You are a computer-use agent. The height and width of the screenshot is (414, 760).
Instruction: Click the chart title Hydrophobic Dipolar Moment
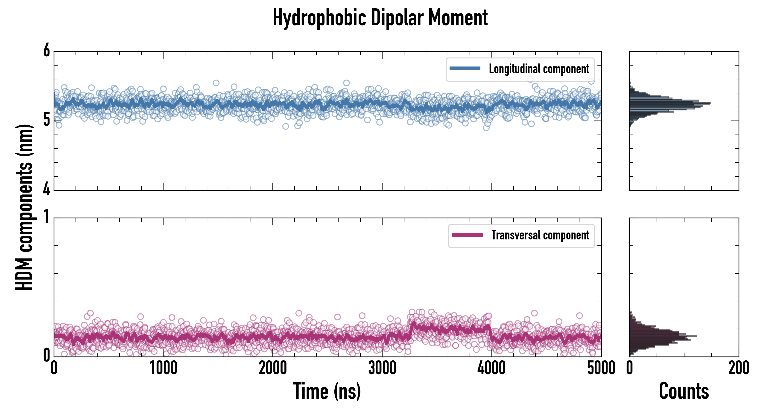[380, 18]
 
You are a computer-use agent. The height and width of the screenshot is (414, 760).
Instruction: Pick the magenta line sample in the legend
[467, 235]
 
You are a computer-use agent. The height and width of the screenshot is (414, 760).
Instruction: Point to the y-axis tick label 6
[47, 51]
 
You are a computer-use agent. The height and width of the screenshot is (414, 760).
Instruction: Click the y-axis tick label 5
[47, 120]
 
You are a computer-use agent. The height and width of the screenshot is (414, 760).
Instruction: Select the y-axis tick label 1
[47, 217]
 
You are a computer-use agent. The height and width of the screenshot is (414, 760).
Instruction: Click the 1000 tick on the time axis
[163, 368]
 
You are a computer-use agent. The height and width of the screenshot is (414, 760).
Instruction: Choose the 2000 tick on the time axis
[273, 368]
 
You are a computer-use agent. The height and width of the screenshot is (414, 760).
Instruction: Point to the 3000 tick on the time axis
[382, 368]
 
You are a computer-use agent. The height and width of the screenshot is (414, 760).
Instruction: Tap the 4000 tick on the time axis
[491, 368]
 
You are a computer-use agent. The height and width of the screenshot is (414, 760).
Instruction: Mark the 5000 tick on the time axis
[601, 368]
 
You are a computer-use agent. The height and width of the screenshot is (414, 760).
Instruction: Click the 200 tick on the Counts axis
[738, 368]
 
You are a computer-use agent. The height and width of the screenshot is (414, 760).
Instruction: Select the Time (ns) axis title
[327, 391]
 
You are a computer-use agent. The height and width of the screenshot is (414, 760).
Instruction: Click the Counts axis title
[684, 391]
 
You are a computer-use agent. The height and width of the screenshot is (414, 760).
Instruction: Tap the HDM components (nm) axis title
[24, 207]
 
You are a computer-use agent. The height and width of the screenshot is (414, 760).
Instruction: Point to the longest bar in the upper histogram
[670, 103]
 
